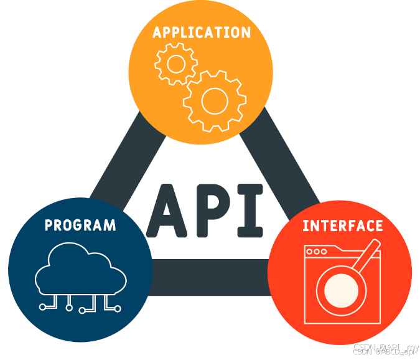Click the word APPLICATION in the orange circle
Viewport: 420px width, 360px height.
202,32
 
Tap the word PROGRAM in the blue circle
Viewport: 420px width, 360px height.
80,225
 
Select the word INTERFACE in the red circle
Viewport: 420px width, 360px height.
342,225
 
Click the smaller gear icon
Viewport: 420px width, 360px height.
175,64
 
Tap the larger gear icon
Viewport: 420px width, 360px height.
214,100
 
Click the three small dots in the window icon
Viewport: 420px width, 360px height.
316,252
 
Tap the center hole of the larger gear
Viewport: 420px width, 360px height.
214,100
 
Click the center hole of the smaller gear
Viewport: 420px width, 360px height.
175,64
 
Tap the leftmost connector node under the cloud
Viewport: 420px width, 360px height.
42,306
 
